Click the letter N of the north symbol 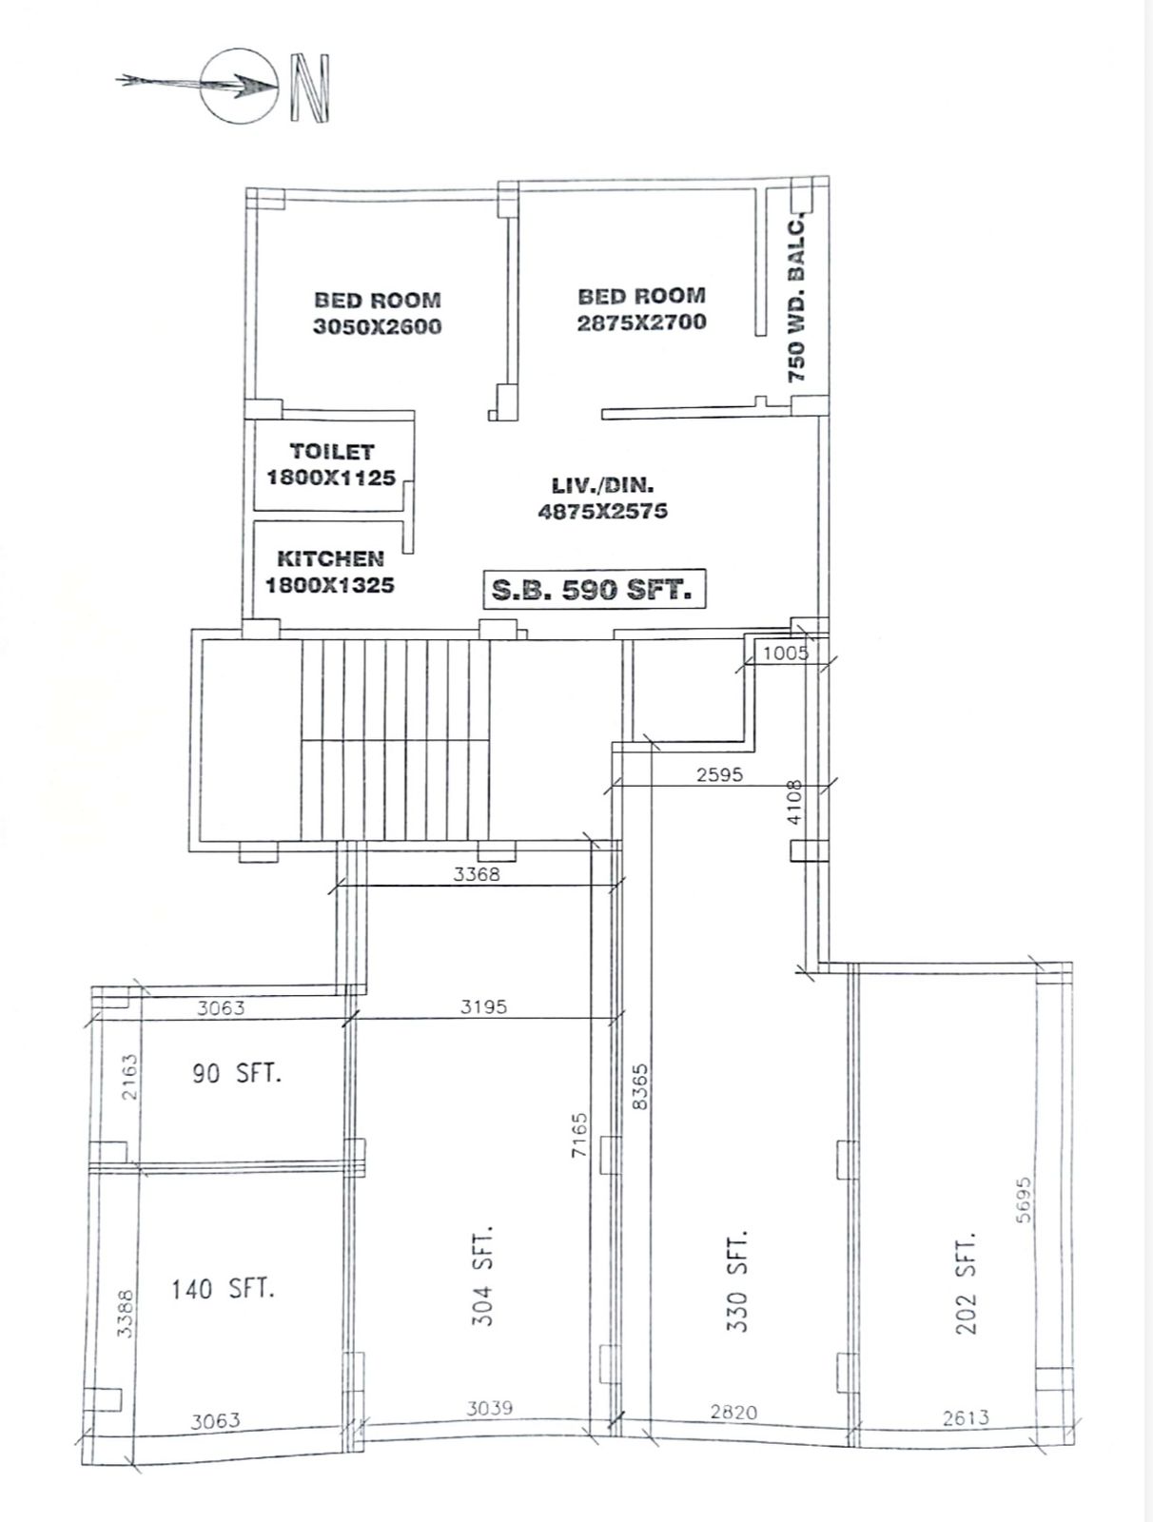tap(311, 88)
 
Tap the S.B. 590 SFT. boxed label tap(594, 590)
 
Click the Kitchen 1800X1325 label tap(329, 572)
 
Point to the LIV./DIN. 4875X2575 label tap(603, 498)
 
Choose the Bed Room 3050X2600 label tap(378, 313)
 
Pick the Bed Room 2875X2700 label tap(641, 309)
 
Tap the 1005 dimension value tap(786, 653)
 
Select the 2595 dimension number tap(719, 774)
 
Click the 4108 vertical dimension tap(795, 802)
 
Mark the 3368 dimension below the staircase tap(476, 873)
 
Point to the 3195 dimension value tap(483, 1006)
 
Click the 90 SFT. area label tap(236, 1074)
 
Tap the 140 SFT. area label tap(223, 1290)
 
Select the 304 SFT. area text tap(483, 1276)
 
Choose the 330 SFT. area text tap(737, 1279)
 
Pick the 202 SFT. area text tap(967, 1284)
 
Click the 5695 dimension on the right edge tap(1024, 1200)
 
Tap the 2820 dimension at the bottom tap(734, 1413)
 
